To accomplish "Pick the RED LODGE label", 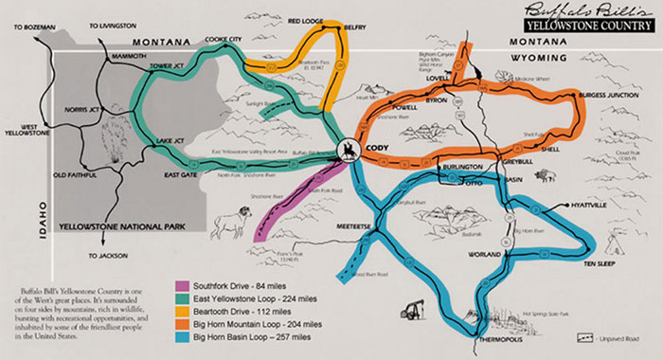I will (x=306, y=20).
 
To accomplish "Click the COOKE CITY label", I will (x=224, y=39).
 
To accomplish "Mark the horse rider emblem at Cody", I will (x=348, y=152).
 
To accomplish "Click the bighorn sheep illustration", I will (x=233, y=224).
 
